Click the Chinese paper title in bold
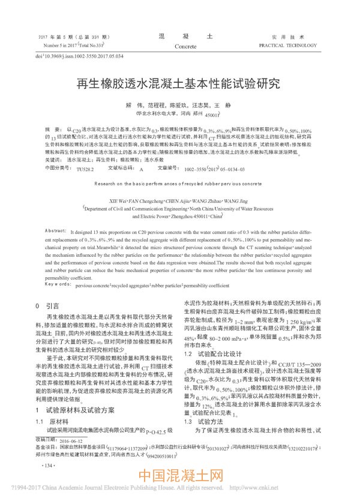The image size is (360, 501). click(x=179, y=85)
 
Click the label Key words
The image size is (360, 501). click(x=58, y=286)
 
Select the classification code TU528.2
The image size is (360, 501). click(x=85, y=170)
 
